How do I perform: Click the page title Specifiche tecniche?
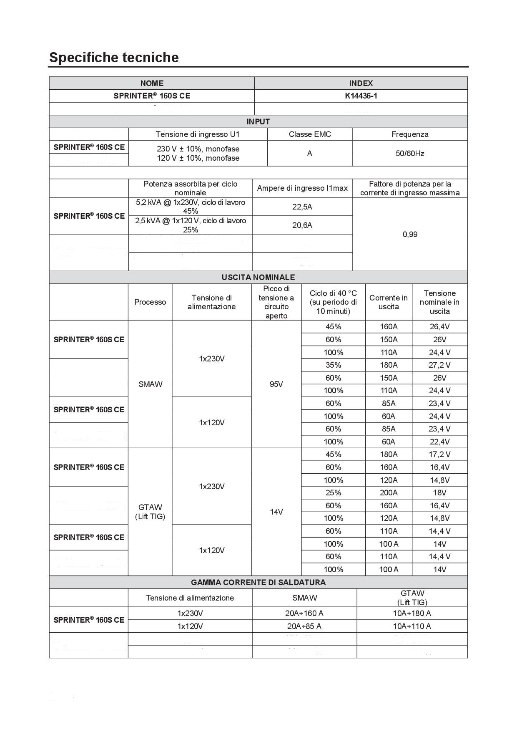click(x=114, y=57)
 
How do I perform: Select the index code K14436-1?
click(x=361, y=96)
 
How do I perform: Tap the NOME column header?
click(x=152, y=83)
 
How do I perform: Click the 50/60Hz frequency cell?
click(x=410, y=153)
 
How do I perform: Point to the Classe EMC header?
click(x=310, y=134)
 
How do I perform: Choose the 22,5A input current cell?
click(x=302, y=207)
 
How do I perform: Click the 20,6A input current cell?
click(x=302, y=225)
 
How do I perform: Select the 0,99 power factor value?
click(x=410, y=234)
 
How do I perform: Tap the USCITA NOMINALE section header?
click(x=258, y=277)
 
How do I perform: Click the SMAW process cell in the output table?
click(x=150, y=384)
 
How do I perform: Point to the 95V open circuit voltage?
click(x=276, y=384)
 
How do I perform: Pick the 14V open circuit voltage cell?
click(x=276, y=512)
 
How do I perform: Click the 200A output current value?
click(x=389, y=492)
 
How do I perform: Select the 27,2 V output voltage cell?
click(x=439, y=365)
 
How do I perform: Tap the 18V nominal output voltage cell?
click(x=439, y=492)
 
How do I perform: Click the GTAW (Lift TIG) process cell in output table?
click(x=150, y=512)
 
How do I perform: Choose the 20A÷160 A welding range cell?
click(x=304, y=613)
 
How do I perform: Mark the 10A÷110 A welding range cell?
click(x=412, y=626)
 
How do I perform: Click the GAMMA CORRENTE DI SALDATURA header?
click(x=258, y=582)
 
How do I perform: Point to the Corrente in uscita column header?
click(x=389, y=302)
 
